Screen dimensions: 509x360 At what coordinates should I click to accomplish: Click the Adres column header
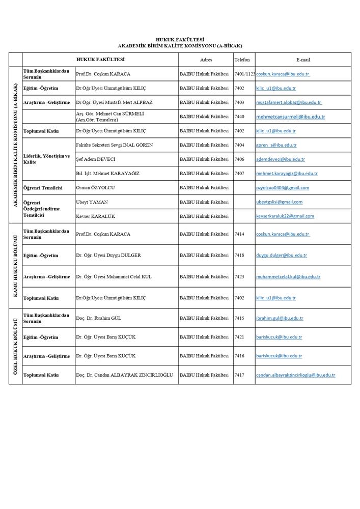[x=206, y=60]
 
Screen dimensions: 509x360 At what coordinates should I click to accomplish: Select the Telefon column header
[x=242, y=60]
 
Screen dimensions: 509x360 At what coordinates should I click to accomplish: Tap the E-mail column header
[x=303, y=60]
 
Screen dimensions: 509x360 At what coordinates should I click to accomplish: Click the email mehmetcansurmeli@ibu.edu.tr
[x=291, y=117]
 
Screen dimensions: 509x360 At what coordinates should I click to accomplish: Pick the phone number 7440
[x=239, y=117]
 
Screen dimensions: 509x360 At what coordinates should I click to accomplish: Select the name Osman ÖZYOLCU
[x=95, y=188]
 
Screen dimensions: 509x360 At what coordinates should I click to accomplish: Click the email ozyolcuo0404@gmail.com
[x=283, y=188]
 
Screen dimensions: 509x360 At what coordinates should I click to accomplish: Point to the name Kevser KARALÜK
[x=95, y=216]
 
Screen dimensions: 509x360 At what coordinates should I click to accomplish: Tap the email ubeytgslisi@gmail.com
[x=279, y=202]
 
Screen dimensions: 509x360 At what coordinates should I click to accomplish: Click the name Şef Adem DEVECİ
[x=96, y=159]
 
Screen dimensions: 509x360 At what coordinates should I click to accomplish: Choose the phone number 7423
[x=239, y=277]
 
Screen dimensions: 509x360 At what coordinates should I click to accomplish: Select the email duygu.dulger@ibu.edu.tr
[x=282, y=256]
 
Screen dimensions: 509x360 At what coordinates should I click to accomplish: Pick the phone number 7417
[x=239, y=375]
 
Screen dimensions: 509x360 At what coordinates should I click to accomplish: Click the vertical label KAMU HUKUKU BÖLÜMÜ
[x=15, y=266]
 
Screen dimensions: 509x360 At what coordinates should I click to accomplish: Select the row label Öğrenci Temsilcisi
[x=43, y=188]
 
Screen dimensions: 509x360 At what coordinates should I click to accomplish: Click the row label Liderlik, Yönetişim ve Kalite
[x=46, y=158]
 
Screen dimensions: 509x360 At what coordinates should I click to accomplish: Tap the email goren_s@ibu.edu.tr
[x=276, y=145]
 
